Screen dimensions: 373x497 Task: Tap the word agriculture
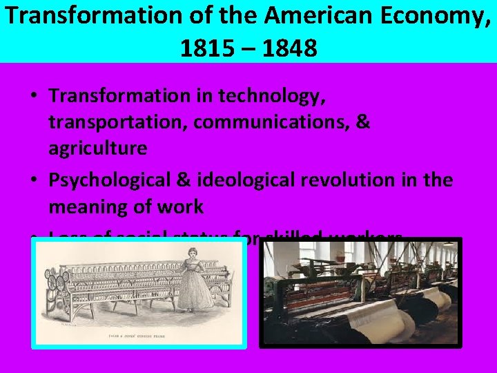[97, 148]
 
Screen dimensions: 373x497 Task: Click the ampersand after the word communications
[363, 122]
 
